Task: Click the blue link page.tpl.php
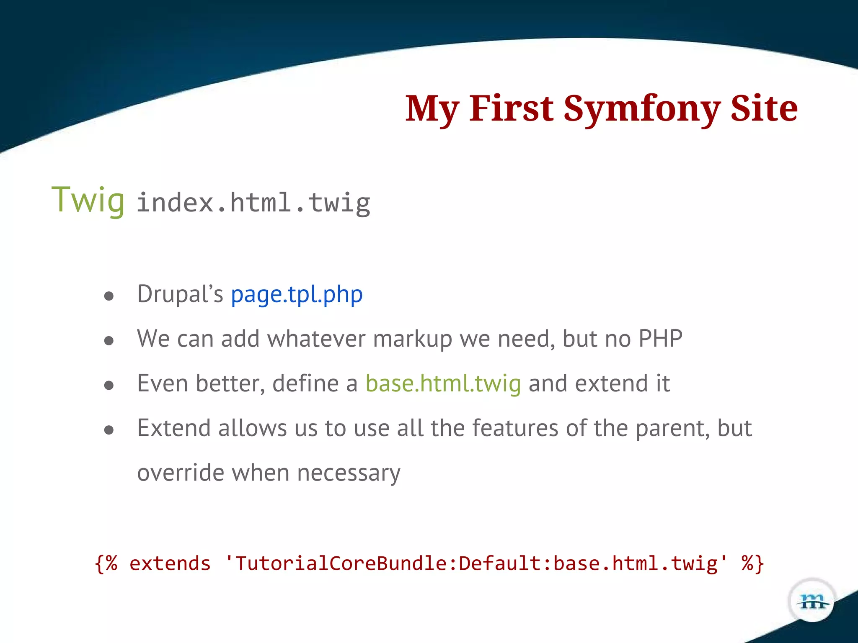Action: point(297,294)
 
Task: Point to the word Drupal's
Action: point(180,294)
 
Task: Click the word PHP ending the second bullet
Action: point(660,339)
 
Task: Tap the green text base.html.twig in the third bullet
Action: point(443,383)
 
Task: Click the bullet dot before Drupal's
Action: point(109,297)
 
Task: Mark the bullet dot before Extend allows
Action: point(109,430)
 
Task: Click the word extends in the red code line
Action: point(170,563)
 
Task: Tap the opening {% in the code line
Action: point(106,563)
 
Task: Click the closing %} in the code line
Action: point(752,563)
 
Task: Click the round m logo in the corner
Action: point(812,602)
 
